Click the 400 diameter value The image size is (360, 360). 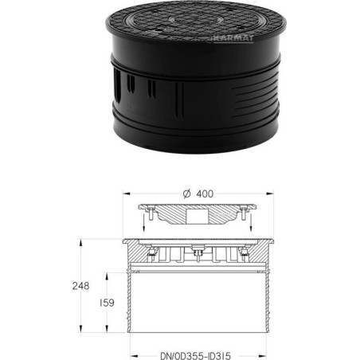tap(205, 194)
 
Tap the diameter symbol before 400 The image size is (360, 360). tap(187, 194)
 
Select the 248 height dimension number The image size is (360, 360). tap(80, 286)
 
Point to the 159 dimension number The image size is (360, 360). tap(107, 303)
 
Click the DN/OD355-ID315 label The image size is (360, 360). tap(196, 355)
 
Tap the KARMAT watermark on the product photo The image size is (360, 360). tap(233, 38)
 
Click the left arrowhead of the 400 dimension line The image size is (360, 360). tap(126, 194)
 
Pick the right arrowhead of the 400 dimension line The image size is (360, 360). tap(270, 194)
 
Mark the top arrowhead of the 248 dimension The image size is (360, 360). tap(80, 242)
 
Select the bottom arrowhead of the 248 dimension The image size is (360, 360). tap(80, 329)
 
